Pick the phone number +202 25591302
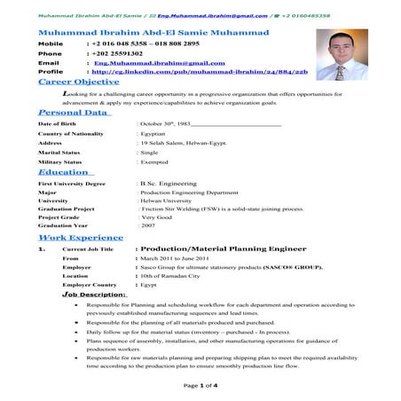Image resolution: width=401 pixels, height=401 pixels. tap(120, 53)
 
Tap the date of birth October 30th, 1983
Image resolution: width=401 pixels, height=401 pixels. tap(168, 124)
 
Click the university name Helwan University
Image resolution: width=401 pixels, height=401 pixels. tap(168, 200)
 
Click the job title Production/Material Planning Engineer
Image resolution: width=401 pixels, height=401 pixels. tap(212, 250)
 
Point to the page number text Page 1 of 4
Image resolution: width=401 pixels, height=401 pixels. tap(200, 387)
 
